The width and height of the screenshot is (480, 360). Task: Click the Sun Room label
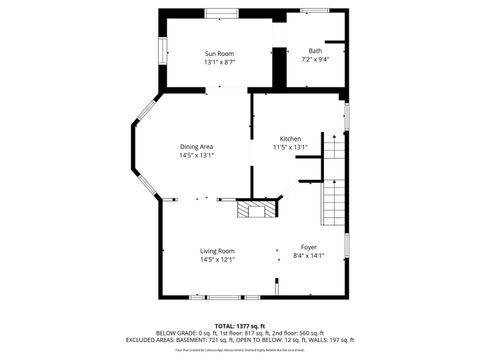[x=219, y=53]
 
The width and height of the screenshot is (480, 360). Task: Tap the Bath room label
[x=315, y=51]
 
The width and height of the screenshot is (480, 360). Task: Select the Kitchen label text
[x=291, y=139]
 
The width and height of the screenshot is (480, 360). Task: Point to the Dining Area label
[x=196, y=146]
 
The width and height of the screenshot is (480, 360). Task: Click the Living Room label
[x=217, y=251]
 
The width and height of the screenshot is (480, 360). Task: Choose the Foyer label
[x=309, y=246]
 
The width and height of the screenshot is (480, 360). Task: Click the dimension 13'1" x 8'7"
[x=219, y=62]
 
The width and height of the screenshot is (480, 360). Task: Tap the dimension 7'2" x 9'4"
[x=315, y=60]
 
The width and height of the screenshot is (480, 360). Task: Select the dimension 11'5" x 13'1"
[x=291, y=148]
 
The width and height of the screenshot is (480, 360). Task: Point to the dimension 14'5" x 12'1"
[x=217, y=260]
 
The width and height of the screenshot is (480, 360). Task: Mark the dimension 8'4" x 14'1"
[x=309, y=255]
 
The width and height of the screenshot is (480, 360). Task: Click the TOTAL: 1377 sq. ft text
[x=239, y=325]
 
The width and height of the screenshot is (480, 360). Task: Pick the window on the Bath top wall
[x=315, y=12]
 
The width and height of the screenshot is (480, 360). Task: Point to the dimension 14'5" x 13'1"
[x=196, y=155]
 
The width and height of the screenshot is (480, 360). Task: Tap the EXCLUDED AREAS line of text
[x=239, y=340]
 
